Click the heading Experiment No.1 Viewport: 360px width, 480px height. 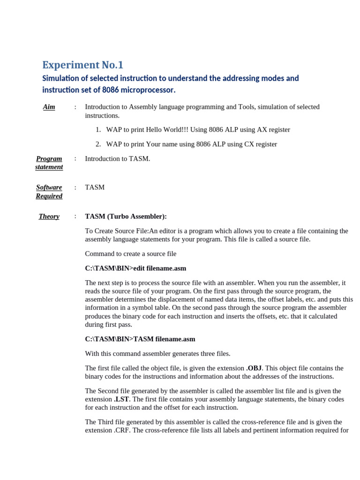click(82, 65)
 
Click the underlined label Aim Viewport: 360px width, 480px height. click(49, 107)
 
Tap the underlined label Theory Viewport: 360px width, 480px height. click(49, 216)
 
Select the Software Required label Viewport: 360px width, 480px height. click(49, 191)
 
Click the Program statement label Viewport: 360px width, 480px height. click(49, 163)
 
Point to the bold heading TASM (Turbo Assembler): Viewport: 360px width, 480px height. click(126, 216)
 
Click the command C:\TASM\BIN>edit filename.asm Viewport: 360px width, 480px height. click(135, 268)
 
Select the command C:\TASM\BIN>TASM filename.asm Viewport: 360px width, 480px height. click(140, 339)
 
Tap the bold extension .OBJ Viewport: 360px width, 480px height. click(254, 368)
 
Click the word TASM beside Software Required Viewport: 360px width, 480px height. click(95, 187)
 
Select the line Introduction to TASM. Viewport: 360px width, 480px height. click(118, 158)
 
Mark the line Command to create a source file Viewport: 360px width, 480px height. click(131, 254)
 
